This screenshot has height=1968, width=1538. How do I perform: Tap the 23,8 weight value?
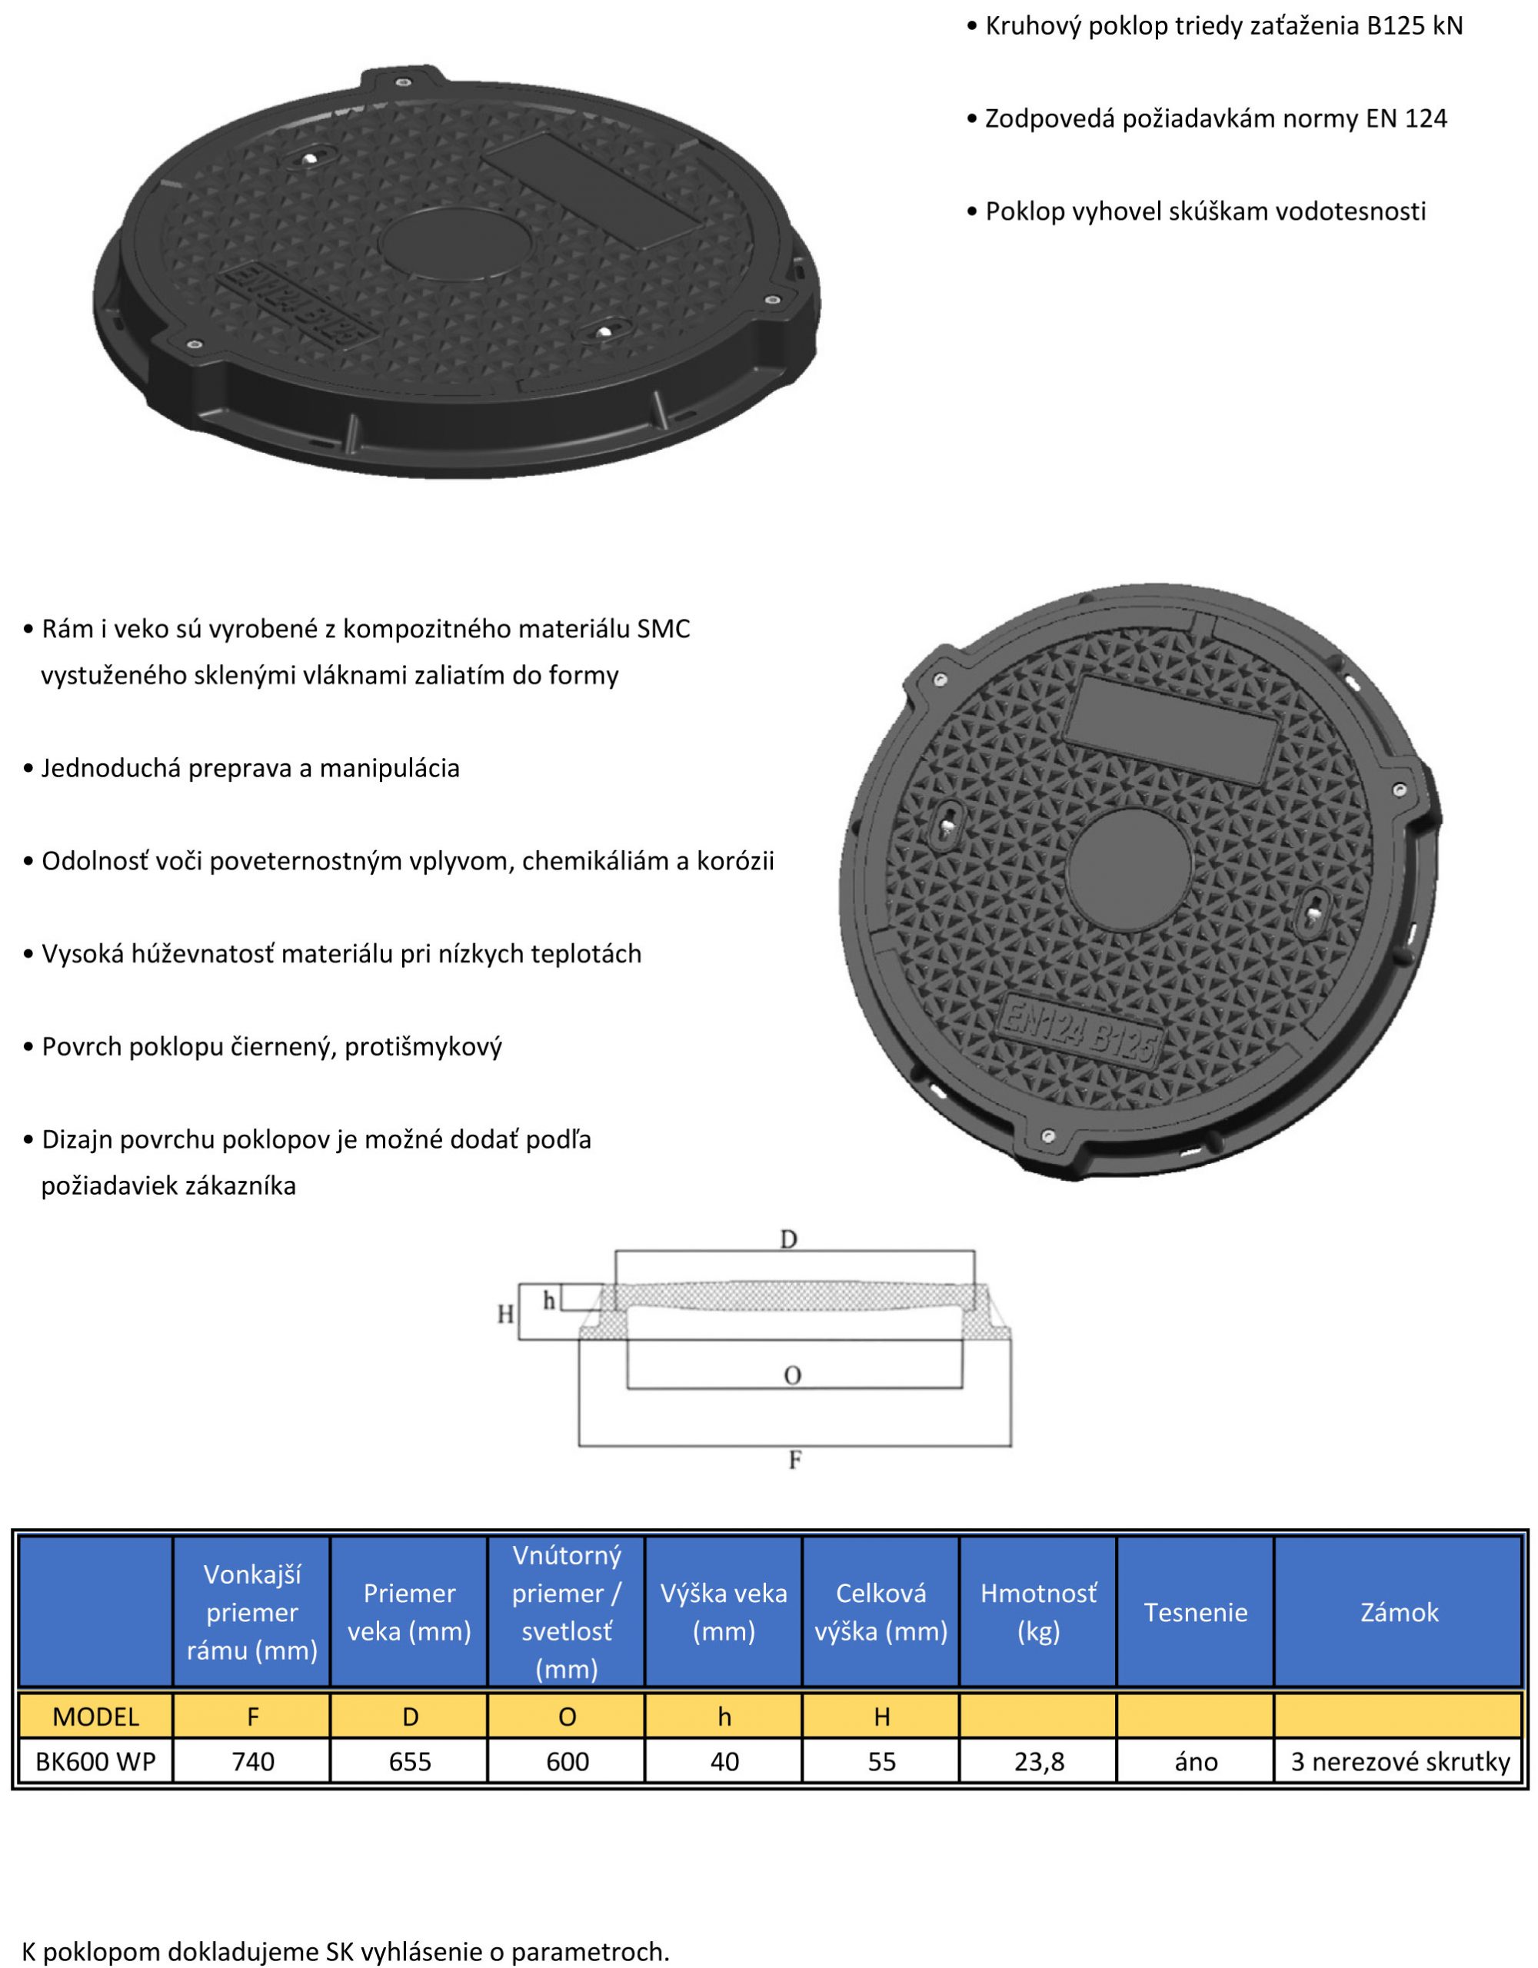point(1039,1762)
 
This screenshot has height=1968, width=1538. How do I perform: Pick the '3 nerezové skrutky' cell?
point(1400,1762)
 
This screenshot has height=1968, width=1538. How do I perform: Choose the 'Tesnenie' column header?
point(1196,1612)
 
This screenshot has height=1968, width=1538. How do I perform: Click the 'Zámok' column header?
point(1399,1612)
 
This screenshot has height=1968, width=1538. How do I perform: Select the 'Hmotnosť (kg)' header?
point(1039,1612)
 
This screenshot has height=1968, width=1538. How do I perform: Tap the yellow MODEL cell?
point(95,1717)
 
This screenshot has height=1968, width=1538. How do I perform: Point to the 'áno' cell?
point(1196,1762)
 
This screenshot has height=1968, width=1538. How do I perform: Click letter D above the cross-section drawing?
point(789,1240)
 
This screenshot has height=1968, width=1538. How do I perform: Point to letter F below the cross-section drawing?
point(794,1460)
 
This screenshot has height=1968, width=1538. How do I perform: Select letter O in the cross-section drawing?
point(792,1375)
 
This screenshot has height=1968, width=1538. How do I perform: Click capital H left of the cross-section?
point(506,1315)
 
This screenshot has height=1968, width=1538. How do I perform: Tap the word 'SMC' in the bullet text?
point(664,628)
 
